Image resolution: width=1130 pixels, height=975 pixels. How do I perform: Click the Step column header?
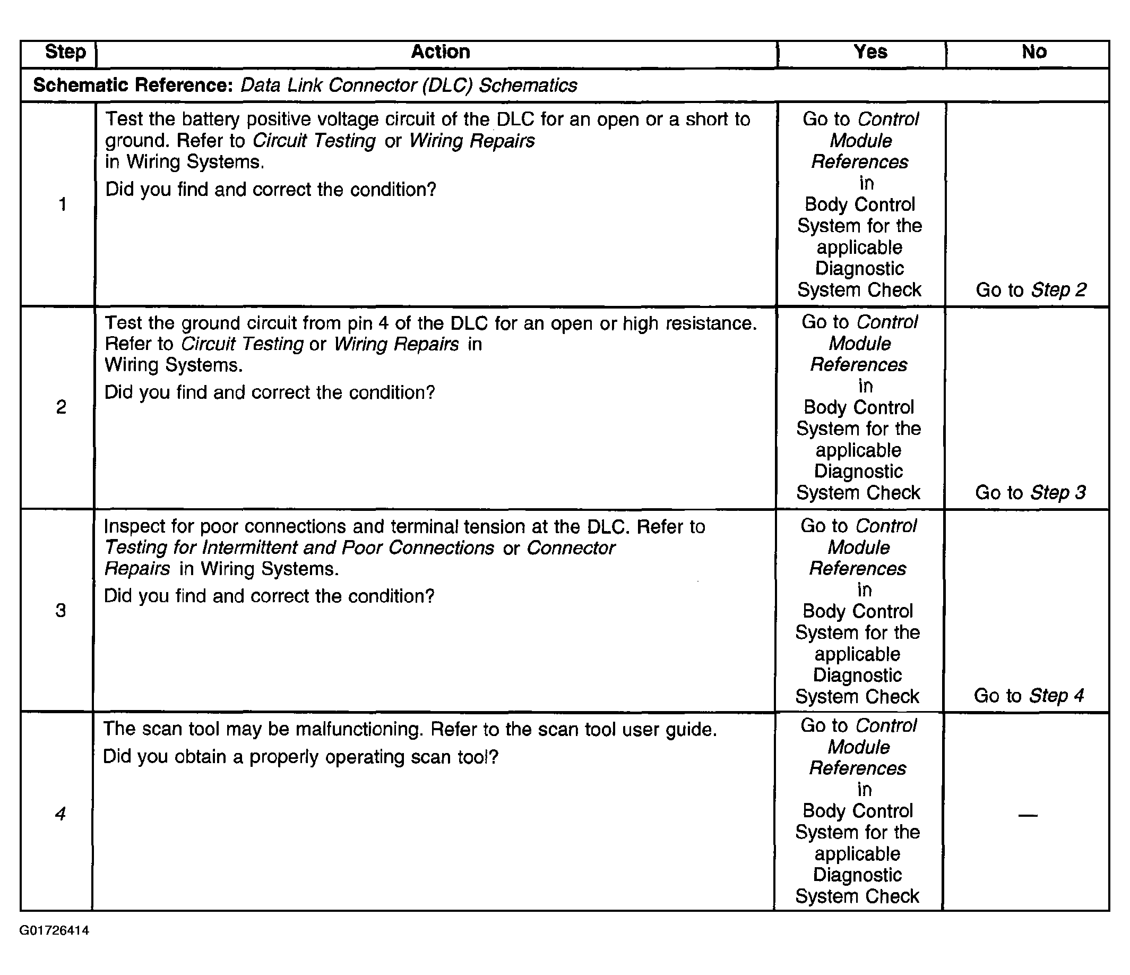pos(65,52)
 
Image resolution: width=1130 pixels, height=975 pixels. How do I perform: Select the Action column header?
pos(440,52)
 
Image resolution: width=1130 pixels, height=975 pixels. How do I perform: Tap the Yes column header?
pos(870,52)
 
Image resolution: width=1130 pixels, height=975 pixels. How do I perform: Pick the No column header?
pos(1033,52)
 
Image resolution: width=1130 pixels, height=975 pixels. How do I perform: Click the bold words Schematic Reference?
pos(133,85)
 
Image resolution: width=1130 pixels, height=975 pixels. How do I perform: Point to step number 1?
pos(63,204)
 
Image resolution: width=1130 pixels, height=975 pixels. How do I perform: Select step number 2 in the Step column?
pos(61,407)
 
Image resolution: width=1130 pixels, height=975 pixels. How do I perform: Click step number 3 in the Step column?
pos(61,610)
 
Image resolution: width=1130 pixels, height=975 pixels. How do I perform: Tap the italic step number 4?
pos(60,814)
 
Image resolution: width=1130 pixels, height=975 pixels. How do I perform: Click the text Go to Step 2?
pos(1031,290)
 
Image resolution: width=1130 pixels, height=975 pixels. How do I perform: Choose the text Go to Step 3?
pos(1030,493)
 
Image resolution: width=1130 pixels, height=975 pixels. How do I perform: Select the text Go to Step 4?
pos(1029,696)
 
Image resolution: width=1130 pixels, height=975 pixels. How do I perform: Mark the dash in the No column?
pos(1028,815)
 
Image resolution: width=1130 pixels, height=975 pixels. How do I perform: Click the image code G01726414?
pos(54,930)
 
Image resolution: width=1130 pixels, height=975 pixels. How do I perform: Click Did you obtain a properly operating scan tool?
pos(300,757)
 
